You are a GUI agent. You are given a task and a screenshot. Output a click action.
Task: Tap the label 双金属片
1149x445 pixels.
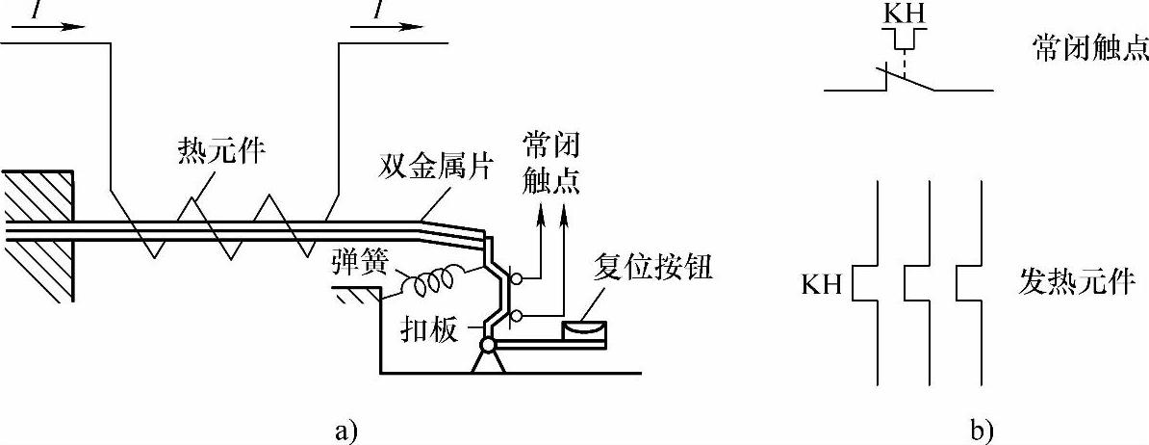coord(434,170)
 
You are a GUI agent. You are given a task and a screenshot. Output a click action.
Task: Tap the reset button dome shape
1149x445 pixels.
coord(584,330)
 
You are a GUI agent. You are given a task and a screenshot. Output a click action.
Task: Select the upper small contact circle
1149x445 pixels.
coord(518,279)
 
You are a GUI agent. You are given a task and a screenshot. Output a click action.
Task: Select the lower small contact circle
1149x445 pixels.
coord(518,315)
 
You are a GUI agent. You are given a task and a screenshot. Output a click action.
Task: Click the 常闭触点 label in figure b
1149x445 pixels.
coord(1090,51)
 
